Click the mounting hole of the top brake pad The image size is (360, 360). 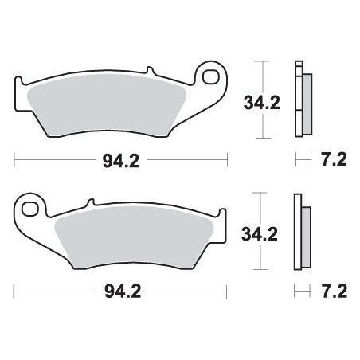point(212,77)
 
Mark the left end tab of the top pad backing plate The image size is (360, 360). point(20,84)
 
